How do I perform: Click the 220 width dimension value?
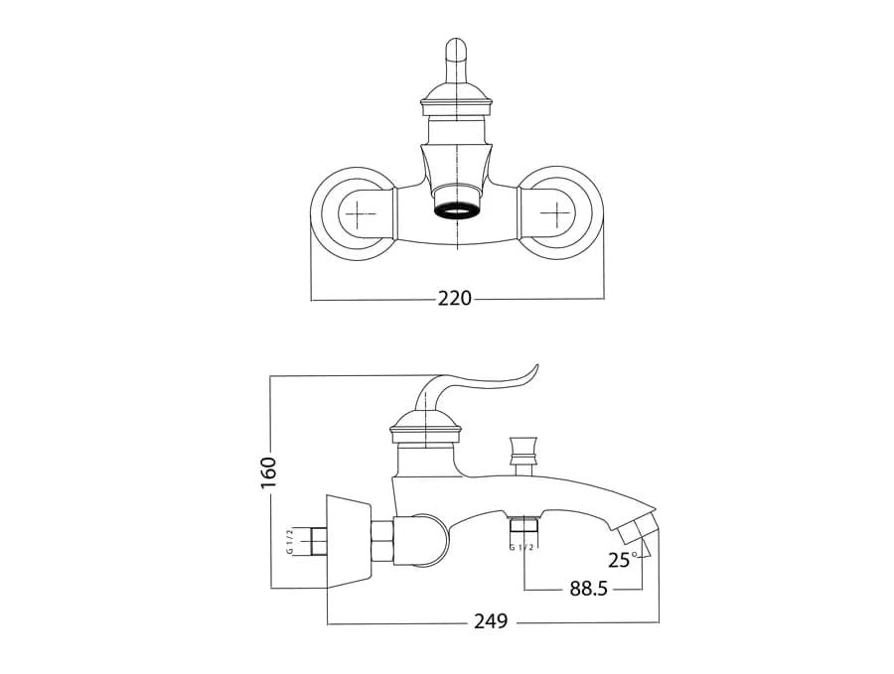click(x=454, y=298)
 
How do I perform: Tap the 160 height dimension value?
click(x=268, y=472)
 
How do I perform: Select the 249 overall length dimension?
click(x=491, y=621)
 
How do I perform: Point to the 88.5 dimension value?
click(x=588, y=588)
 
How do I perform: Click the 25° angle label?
click(x=623, y=560)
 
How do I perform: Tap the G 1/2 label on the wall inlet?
click(x=290, y=541)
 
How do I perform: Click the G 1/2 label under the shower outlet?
click(x=521, y=547)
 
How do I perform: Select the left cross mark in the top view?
click(x=358, y=214)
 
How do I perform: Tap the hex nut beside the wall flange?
click(x=382, y=541)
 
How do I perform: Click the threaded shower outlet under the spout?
click(x=522, y=524)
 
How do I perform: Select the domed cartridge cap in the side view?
click(x=426, y=426)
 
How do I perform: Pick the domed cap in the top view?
click(x=456, y=97)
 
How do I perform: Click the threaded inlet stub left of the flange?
click(x=318, y=541)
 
